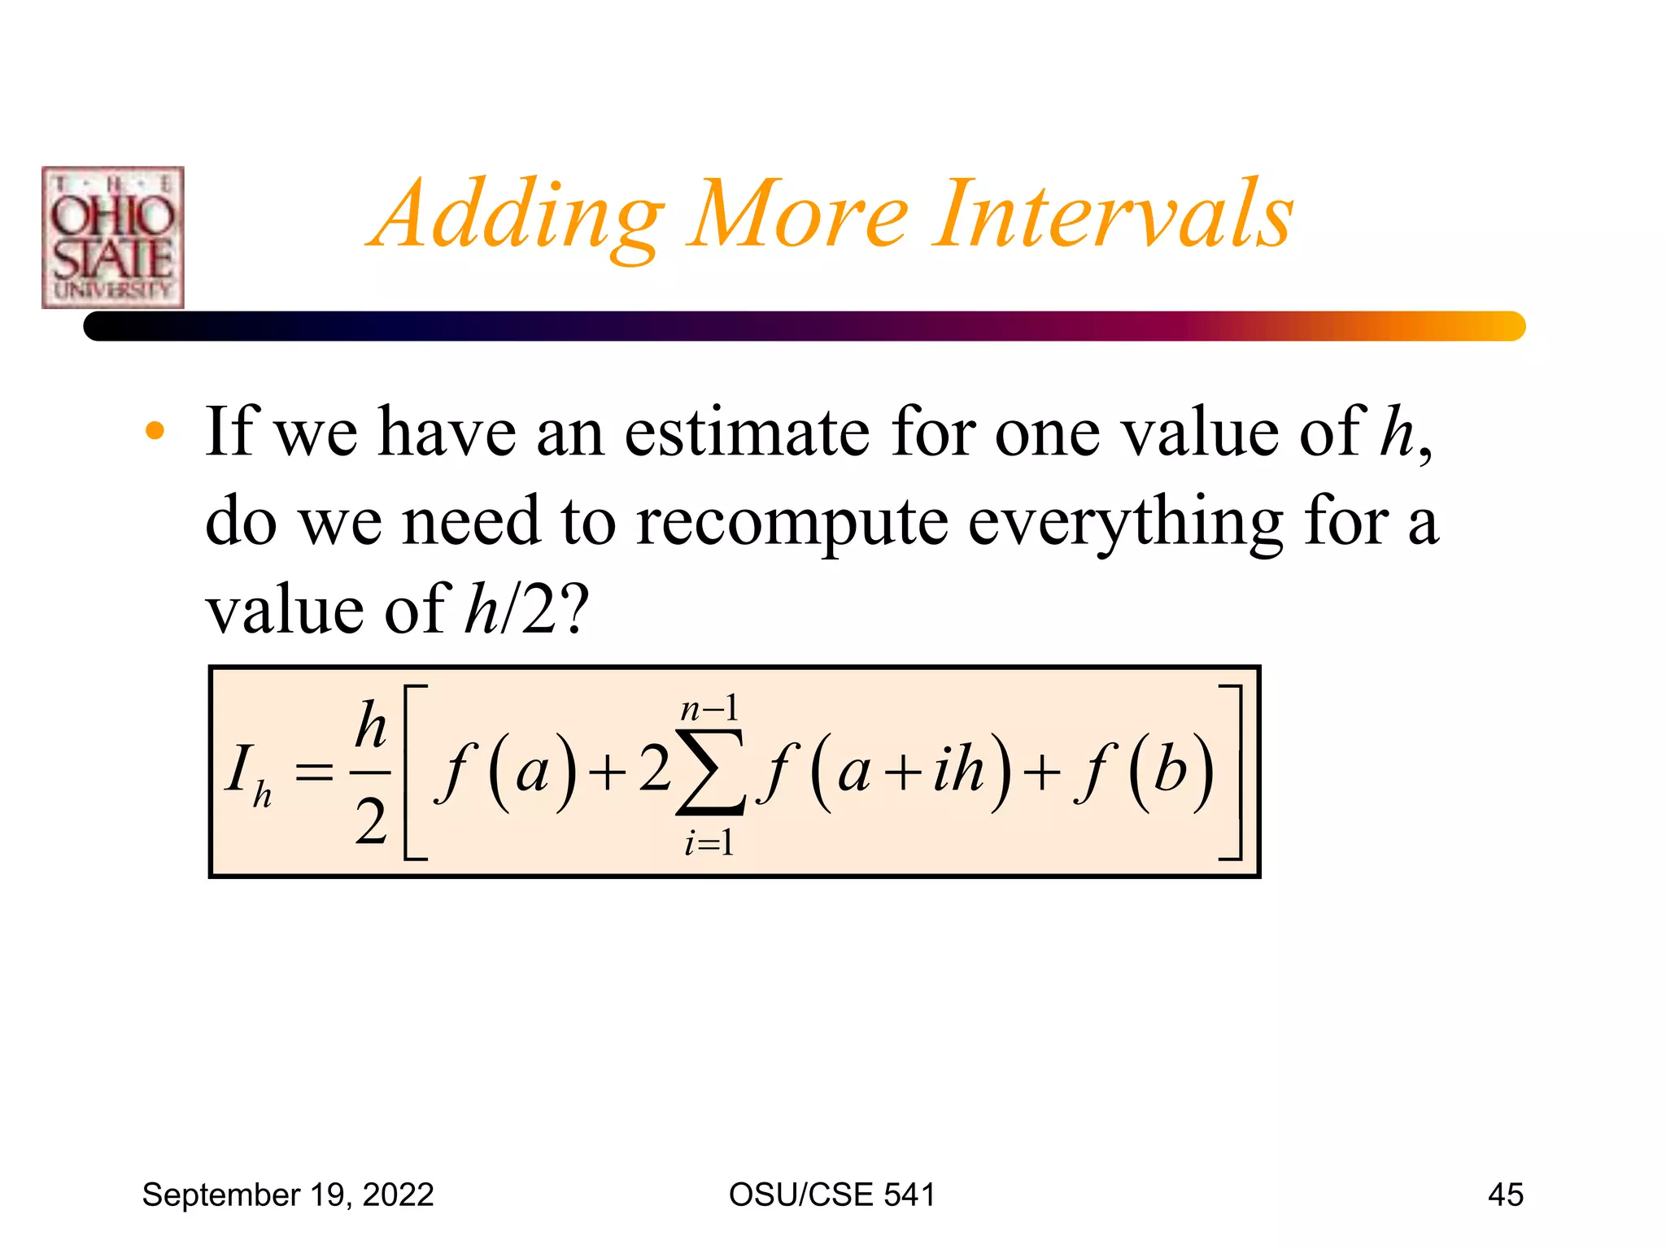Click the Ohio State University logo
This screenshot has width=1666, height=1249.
[113, 237]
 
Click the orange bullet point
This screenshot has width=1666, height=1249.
[155, 431]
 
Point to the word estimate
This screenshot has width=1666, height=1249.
[746, 433]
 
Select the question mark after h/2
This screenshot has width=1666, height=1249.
[574, 611]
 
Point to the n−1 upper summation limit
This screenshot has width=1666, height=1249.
[709, 709]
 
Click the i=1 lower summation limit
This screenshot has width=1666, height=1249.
[709, 842]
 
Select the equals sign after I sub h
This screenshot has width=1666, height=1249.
[314, 772]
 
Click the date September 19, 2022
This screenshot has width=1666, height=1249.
[288, 1195]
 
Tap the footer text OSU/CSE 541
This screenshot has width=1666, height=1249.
[832, 1195]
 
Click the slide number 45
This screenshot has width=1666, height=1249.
[1505, 1195]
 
